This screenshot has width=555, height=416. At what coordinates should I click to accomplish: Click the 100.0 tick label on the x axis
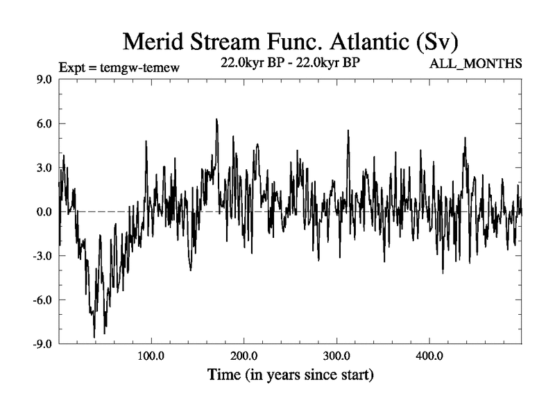coord(151,356)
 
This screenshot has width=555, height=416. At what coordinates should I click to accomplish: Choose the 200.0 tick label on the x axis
coord(244,356)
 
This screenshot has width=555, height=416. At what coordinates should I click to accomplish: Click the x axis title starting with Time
coord(291,376)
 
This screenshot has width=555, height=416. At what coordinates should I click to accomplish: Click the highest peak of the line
coord(216,119)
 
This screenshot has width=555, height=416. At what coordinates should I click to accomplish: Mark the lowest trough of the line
coord(94,338)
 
